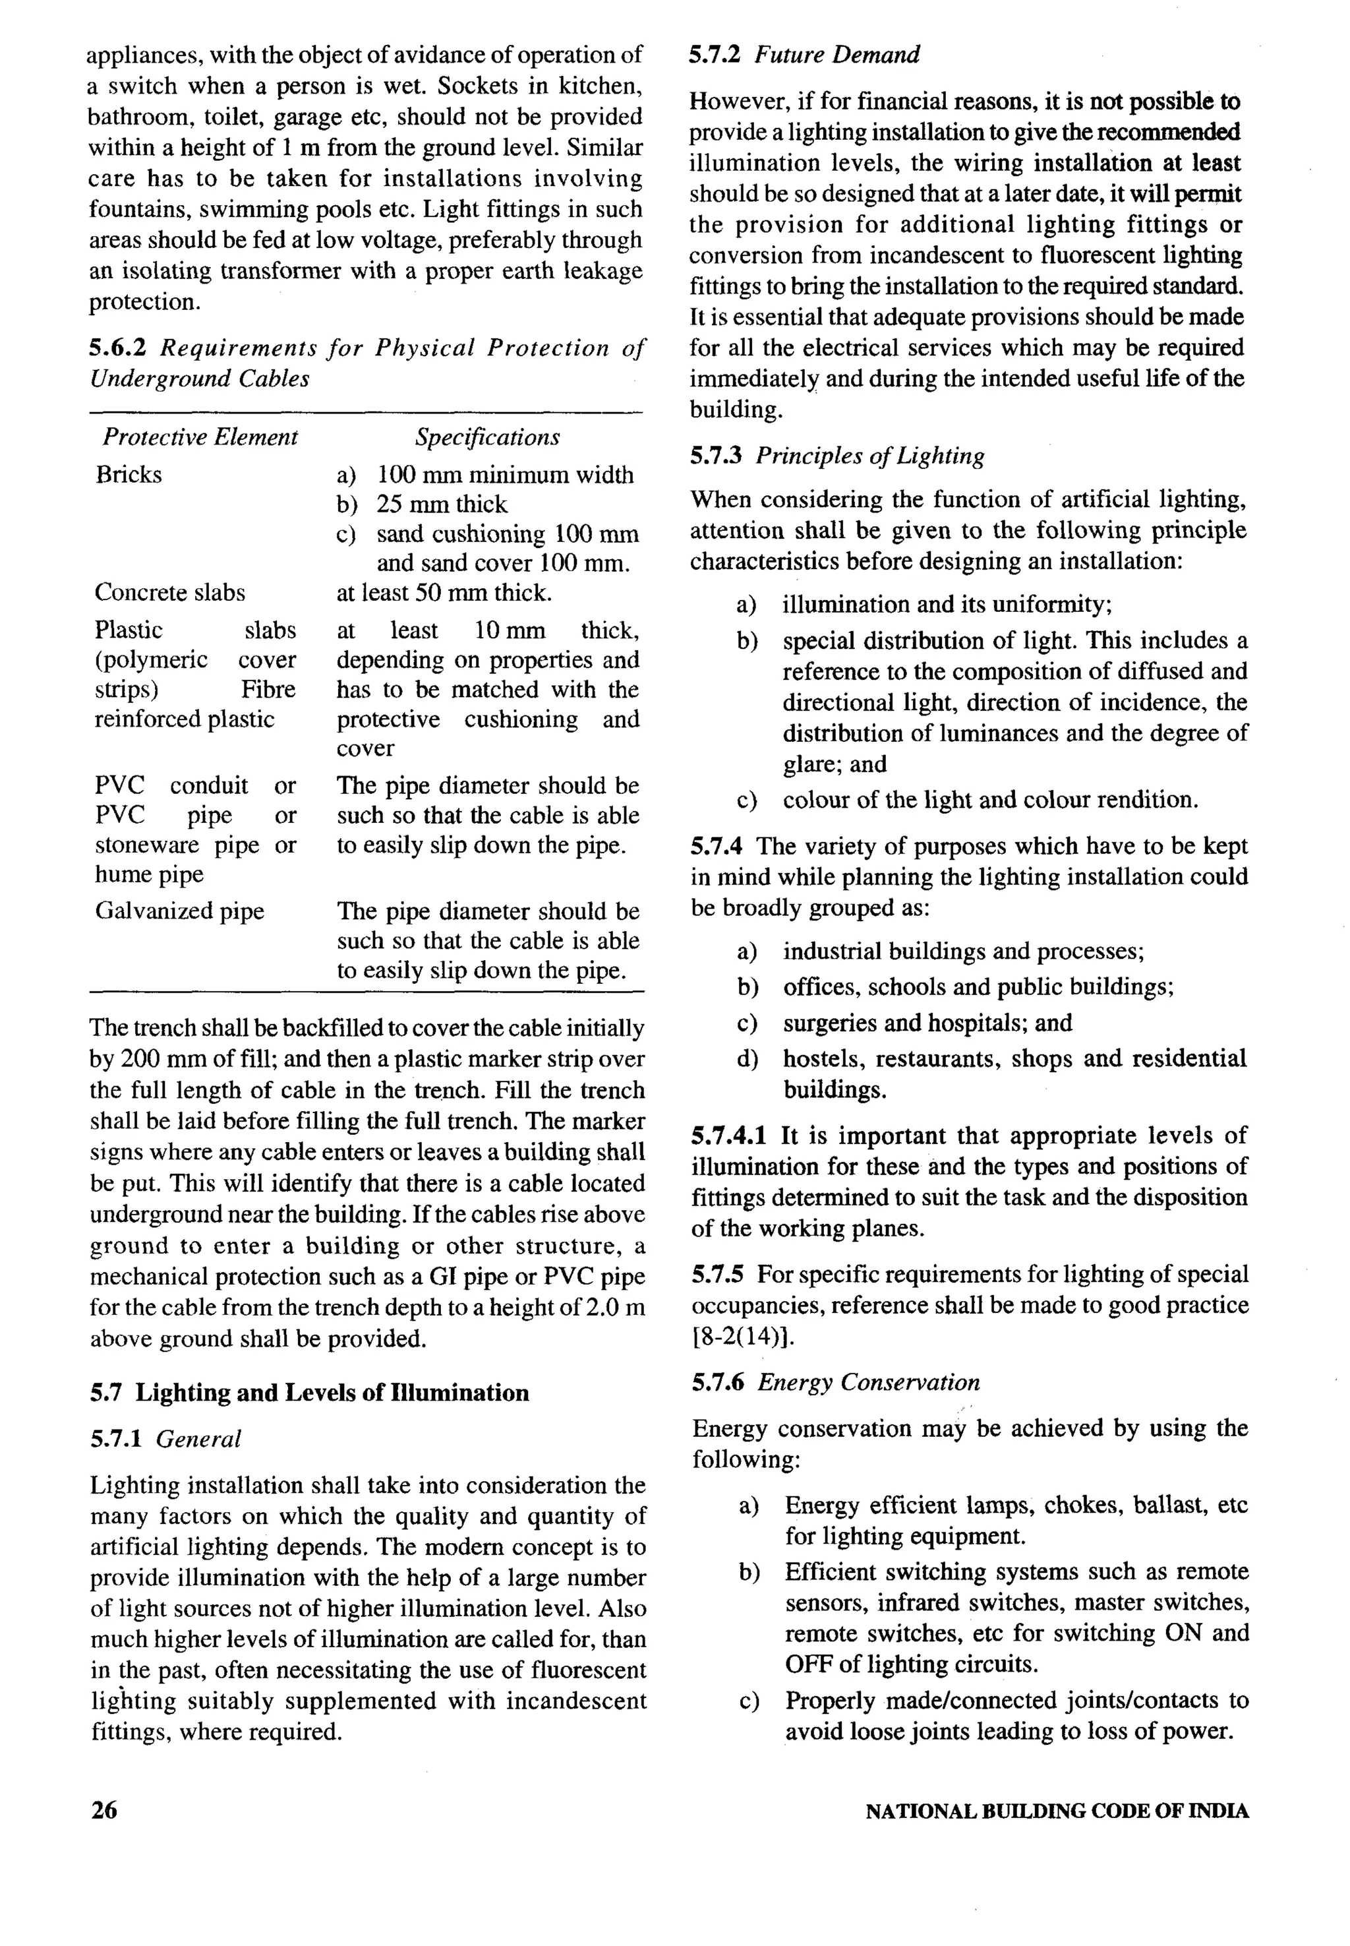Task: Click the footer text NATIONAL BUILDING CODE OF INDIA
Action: pos(1057,1811)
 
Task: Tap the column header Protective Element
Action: pos(200,437)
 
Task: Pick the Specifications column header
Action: pos(487,437)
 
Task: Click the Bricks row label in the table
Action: pos(129,475)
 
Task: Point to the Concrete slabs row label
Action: pos(170,592)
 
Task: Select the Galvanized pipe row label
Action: pos(179,911)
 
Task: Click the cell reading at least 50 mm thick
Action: pos(444,592)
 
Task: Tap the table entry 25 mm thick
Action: pos(442,504)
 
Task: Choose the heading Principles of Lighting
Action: pos(870,456)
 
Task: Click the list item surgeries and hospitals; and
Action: pos(927,1023)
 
